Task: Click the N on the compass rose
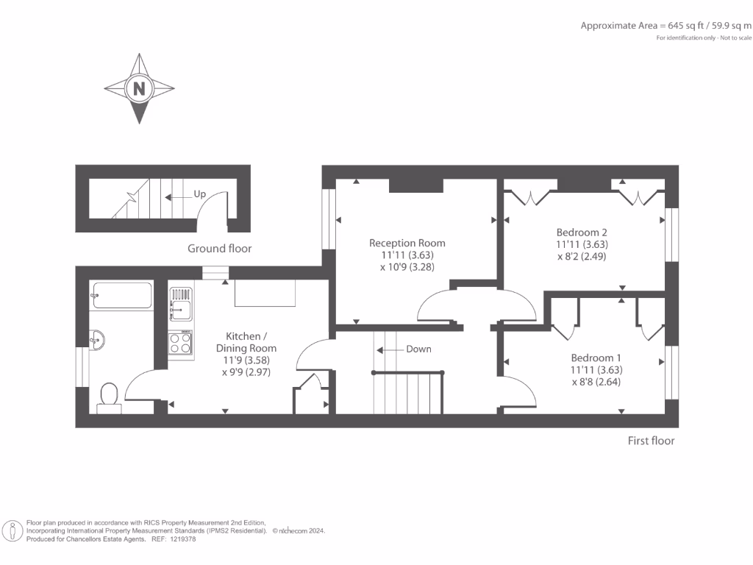pos(139,89)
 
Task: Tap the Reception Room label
pos(407,243)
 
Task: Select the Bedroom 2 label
pos(582,231)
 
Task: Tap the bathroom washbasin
pos(98,339)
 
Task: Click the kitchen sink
pos(181,305)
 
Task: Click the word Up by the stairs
pos(199,194)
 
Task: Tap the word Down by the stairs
pos(418,349)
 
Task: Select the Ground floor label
pos(219,249)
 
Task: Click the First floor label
pos(651,441)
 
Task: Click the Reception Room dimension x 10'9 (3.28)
pos(407,267)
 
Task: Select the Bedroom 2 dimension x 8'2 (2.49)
pos(582,257)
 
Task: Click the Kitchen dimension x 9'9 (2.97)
pos(246,372)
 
